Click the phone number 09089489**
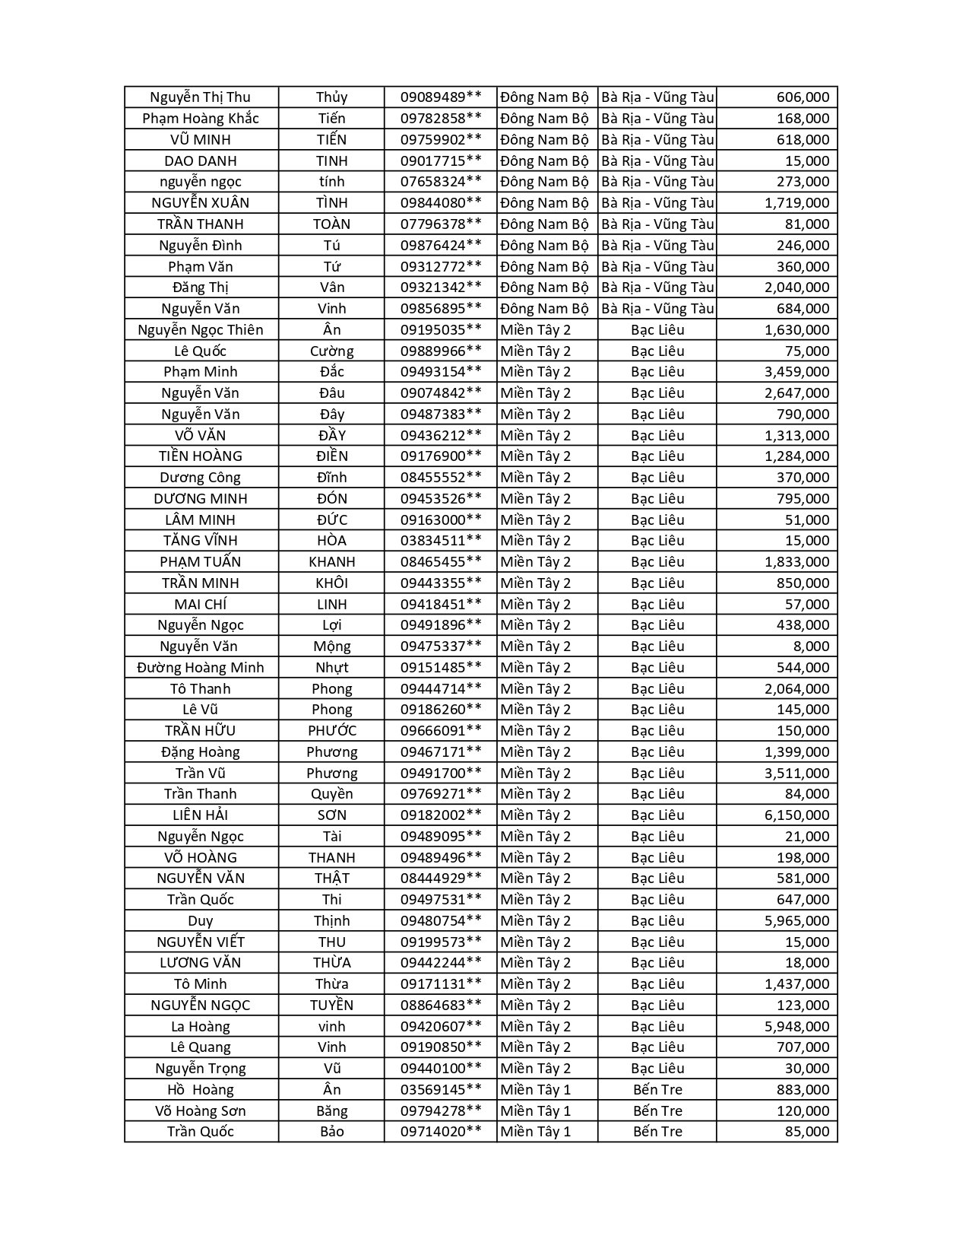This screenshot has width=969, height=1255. pos(441,97)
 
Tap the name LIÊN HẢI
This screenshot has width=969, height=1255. pos(201,815)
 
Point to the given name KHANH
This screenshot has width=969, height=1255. pos(332,561)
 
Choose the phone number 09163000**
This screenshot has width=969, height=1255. pos(441,519)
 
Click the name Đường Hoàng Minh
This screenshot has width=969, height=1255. pos(201,667)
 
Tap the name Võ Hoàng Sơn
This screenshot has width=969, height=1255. pos(201,1110)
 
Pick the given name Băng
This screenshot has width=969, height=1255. pos(332,1110)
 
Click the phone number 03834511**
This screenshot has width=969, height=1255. pos(441,540)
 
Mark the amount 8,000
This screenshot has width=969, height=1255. pos(811,646)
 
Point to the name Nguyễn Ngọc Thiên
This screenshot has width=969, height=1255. pos(201,329)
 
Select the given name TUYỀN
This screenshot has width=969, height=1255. pos(332,1005)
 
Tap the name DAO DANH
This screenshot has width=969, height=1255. pos(201,160)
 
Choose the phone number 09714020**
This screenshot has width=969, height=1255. pos(441,1131)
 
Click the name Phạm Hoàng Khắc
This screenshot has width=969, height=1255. pos(201,118)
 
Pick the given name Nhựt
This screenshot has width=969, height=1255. pos(332,667)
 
